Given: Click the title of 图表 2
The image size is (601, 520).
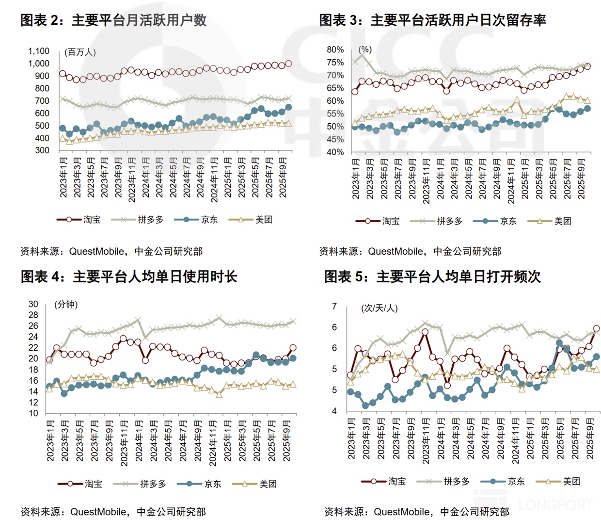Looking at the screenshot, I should point(113,20).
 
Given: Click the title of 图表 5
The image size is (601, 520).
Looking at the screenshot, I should point(432,276).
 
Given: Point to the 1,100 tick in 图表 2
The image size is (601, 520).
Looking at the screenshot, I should point(39,51).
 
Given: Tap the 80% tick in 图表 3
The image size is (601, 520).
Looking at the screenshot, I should point(335,49).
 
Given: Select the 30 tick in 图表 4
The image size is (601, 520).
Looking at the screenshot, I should point(33,304).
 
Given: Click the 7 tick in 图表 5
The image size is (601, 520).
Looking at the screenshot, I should point(334,306).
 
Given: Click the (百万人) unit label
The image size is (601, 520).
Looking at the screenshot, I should point(80,52).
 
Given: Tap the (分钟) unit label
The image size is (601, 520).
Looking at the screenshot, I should point(66,305).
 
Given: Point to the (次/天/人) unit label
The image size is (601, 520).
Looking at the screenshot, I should point(380,308).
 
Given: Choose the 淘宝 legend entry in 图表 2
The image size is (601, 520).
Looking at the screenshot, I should point(79,220).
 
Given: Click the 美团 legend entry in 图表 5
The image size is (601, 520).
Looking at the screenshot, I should point(558,481).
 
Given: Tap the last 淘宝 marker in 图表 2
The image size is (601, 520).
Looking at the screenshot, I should point(288,64).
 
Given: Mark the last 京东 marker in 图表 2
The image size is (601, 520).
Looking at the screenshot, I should point(288,107).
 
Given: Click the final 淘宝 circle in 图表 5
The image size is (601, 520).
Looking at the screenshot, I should point(596,328).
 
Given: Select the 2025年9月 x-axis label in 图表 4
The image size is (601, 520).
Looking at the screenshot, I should point(286,440).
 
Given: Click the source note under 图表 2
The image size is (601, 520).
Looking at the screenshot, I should point(111,251).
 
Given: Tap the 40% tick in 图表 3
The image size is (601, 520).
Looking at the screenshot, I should point(335,152).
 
